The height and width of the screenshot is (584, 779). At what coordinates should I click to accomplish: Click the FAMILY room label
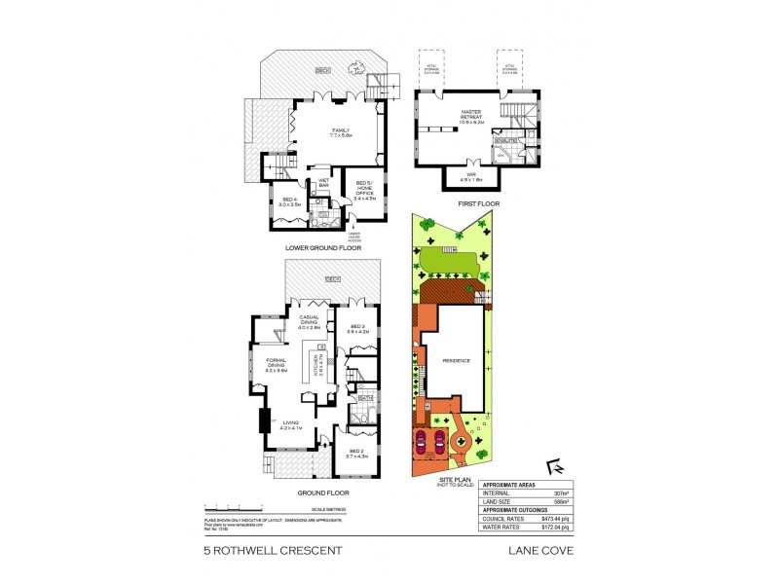coord(340,131)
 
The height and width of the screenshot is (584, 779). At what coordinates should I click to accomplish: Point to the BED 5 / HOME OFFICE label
coord(364,189)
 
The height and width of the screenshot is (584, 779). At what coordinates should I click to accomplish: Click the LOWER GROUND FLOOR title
coord(322,247)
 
